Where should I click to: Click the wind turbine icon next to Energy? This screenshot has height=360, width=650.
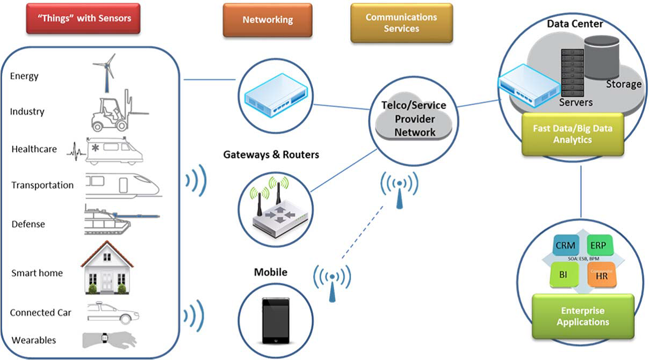tap(105, 72)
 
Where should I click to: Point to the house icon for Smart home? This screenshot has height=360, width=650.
tap(107, 268)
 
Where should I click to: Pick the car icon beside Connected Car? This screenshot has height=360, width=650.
tap(113, 312)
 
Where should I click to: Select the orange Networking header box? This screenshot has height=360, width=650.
tap(268, 20)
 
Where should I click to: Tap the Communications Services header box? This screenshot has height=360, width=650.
tap(401, 23)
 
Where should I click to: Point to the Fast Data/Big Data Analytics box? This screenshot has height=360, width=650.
tap(573, 134)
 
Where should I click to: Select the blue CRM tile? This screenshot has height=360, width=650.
tap(565, 246)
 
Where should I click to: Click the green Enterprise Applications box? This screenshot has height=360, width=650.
tap(582, 317)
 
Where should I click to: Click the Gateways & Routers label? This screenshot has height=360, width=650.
tap(271, 155)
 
